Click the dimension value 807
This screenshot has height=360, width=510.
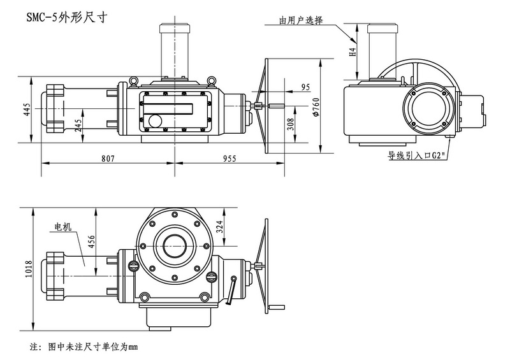tap(106, 158)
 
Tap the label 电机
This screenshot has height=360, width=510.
tap(63, 226)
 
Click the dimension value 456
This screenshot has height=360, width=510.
tap(91, 245)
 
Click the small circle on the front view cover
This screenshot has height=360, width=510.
tap(156, 120)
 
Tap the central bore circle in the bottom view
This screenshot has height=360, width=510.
tap(174, 243)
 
